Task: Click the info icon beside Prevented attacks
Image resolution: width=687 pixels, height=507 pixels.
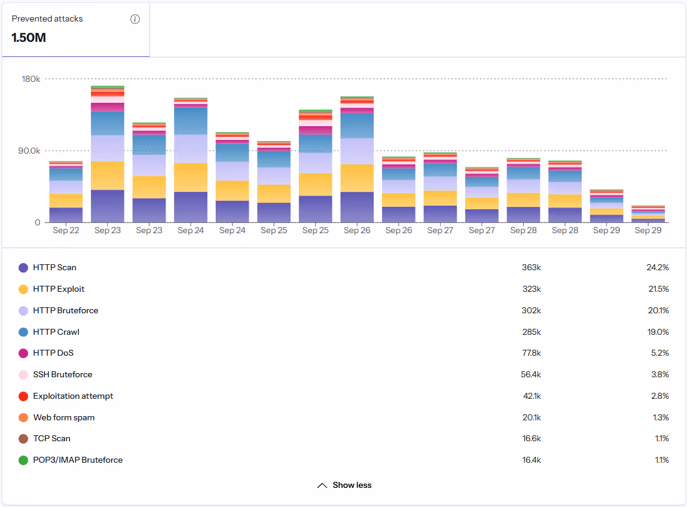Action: pos(135,19)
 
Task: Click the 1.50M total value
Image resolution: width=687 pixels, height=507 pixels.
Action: pos(29,38)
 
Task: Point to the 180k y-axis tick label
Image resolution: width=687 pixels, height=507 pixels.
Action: pos(30,79)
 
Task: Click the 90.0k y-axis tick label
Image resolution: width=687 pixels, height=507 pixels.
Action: pos(28,151)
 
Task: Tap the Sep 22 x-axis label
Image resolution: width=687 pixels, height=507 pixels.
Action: pos(66,231)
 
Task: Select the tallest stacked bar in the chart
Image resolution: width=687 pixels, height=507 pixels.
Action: pos(108,155)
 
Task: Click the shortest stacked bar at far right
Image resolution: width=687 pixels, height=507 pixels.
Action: pos(648,215)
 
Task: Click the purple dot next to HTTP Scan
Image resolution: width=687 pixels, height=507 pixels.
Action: pos(23,268)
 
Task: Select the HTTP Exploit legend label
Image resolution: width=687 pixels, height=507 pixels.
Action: pos(59,289)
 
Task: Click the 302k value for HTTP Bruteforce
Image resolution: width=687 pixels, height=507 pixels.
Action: pos(531,311)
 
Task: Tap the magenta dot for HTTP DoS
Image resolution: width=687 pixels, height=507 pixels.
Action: pos(23,353)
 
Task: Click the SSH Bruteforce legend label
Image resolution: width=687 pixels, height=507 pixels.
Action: pos(62,375)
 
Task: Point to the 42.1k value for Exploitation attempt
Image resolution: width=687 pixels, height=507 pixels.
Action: pos(531,396)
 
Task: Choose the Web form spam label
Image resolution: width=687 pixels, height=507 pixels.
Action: pos(63,418)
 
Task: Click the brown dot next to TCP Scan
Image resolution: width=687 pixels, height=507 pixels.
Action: pos(23,439)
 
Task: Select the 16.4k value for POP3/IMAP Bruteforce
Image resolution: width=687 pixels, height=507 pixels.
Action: pos(531,460)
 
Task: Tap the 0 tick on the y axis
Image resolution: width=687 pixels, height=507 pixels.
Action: pos(37,222)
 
